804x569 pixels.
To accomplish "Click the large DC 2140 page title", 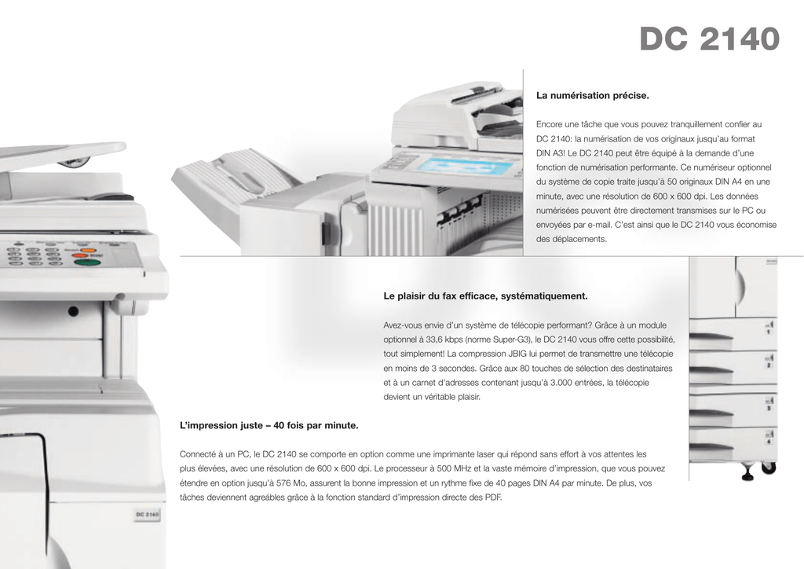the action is click(x=710, y=39).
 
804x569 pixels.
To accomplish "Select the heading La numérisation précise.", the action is click(x=592, y=95).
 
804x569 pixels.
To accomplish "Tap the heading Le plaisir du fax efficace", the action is click(x=485, y=296).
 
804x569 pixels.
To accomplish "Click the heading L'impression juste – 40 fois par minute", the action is click(x=269, y=425).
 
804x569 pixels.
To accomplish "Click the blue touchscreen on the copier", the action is click(x=466, y=167).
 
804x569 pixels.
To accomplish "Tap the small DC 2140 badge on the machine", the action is click(x=147, y=514).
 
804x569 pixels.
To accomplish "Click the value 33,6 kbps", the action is click(x=444, y=340).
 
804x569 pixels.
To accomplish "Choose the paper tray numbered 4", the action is click(x=733, y=443).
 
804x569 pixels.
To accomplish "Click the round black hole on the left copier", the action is click(x=73, y=311).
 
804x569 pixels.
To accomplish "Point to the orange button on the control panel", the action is click(x=81, y=251).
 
